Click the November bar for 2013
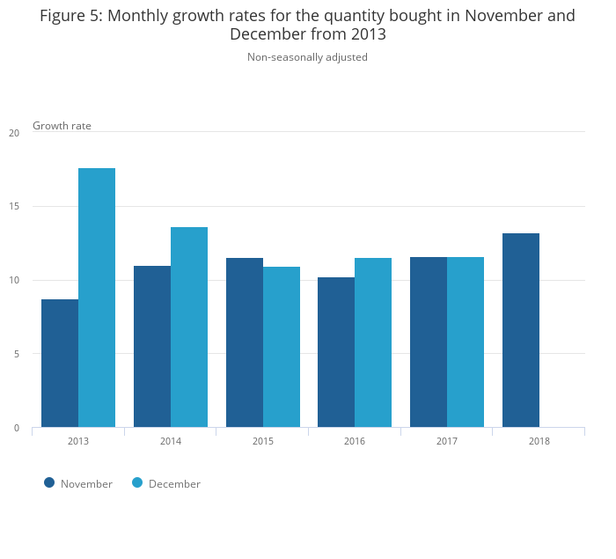click(x=60, y=364)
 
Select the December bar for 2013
click(x=97, y=298)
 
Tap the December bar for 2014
click(x=189, y=327)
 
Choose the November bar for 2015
click(x=245, y=342)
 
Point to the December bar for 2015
click(x=282, y=347)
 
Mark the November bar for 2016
click(x=336, y=352)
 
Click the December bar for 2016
click(x=373, y=342)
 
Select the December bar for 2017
click(x=466, y=342)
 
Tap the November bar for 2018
click(x=521, y=330)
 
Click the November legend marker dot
click(x=49, y=482)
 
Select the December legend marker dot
click(x=137, y=482)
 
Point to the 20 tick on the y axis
click(x=14, y=133)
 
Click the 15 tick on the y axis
click(x=14, y=207)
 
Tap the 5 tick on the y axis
click(x=15, y=354)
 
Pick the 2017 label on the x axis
click(x=447, y=441)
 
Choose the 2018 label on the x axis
click(x=539, y=441)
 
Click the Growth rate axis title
click(x=62, y=126)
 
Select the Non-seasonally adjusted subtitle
click(x=307, y=57)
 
